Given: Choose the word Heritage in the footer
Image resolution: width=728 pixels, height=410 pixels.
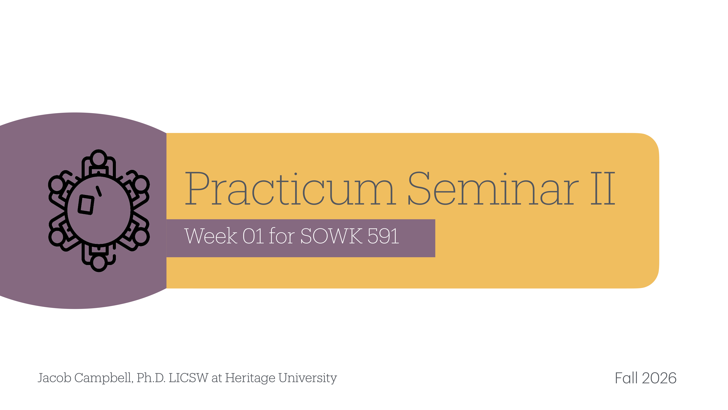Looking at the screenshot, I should pyautogui.click(x=250, y=378).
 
